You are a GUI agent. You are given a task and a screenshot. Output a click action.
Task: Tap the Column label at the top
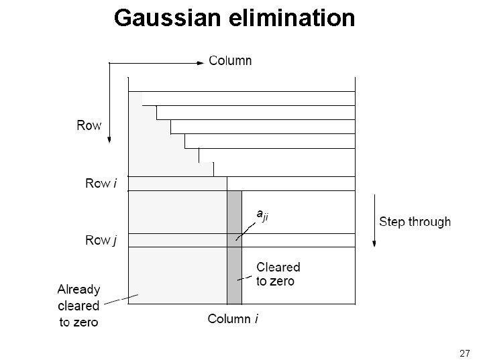(x=231, y=60)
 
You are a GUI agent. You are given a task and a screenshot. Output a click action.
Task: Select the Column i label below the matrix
(x=233, y=319)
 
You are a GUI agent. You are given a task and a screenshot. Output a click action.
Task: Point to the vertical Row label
(x=89, y=125)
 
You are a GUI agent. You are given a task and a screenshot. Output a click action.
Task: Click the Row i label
(x=100, y=182)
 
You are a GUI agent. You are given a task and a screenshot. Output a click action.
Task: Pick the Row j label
(x=100, y=240)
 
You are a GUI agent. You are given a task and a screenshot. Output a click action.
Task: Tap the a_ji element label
(x=264, y=214)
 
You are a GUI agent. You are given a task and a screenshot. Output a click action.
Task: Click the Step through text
(x=415, y=222)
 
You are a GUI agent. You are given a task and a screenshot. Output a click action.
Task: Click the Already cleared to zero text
(x=78, y=306)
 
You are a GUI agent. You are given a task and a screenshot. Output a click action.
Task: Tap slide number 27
(x=465, y=353)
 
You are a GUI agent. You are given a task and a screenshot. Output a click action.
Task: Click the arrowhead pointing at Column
(x=199, y=62)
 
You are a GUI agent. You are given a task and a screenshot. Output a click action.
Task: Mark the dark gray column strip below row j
(x=234, y=275)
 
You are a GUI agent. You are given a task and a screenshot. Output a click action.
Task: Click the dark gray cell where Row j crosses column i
(x=234, y=240)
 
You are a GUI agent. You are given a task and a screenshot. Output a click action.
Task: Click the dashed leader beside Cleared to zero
(x=244, y=277)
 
